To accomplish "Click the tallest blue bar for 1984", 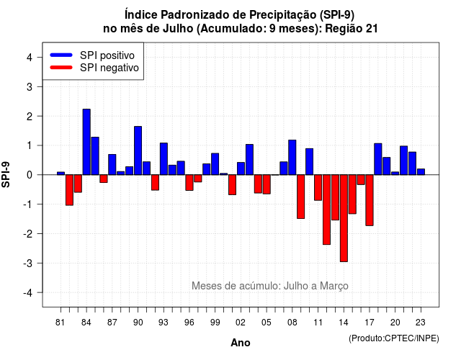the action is [x=86, y=142].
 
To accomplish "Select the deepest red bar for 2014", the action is [x=344, y=218].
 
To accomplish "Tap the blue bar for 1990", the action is [x=138, y=150].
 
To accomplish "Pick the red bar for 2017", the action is [x=370, y=200].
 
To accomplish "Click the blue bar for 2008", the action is [x=292, y=157].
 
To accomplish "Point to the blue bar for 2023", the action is [x=421, y=172].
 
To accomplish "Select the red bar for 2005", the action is [x=267, y=184].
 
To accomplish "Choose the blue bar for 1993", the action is [x=164, y=158].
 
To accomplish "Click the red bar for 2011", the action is [x=318, y=187].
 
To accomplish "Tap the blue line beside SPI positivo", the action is [x=61, y=55].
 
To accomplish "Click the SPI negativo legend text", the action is [x=109, y=68].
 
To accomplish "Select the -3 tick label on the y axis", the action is [x=28, y=263].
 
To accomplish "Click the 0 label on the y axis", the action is [x=30, y=175].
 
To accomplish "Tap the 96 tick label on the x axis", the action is [x=189, y=323].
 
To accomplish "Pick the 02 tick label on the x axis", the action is [x=241, y=323].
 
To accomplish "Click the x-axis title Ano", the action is [x=241, y=343].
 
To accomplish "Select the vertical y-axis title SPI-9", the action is [x=6, y=174].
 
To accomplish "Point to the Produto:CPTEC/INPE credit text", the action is [x=394, y=338].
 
